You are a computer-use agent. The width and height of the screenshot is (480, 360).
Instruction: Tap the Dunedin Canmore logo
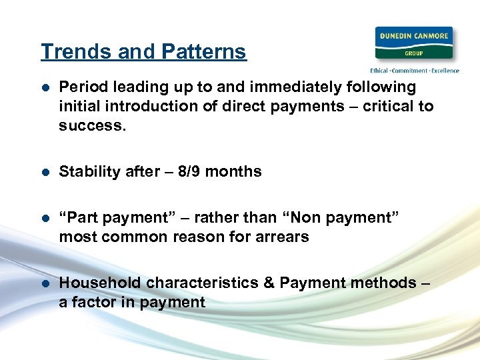pos(414,43)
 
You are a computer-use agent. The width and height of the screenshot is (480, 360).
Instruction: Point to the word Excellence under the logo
pos(445,70)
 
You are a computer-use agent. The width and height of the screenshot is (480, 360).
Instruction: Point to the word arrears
pos(282,237)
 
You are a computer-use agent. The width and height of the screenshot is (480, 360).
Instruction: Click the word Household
pos(100,283)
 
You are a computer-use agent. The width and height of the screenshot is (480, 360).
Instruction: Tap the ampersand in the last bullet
pos(269,283)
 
